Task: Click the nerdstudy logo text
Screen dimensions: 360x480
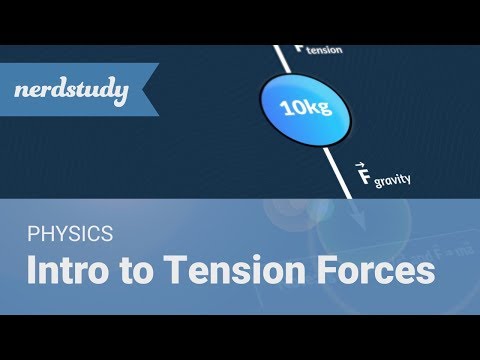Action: [72, 93]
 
